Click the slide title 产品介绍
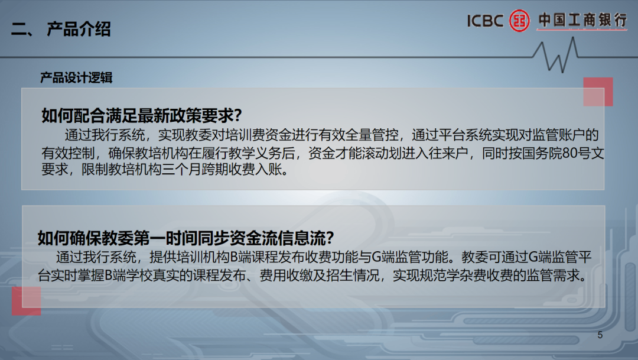pos(79,29)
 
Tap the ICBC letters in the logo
pos(485,20)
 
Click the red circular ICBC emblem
pos(520,20)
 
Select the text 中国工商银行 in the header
pos(582,20)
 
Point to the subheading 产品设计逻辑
pos(76,77)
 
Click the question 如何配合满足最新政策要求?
pos(142,116)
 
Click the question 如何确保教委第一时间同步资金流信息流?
pos(185,238)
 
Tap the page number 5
pos(600,335)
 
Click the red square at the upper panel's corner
pos(598,92)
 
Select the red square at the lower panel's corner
pos(27,300)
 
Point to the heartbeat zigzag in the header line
pos(555,55)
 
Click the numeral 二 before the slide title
pos(19,30)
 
